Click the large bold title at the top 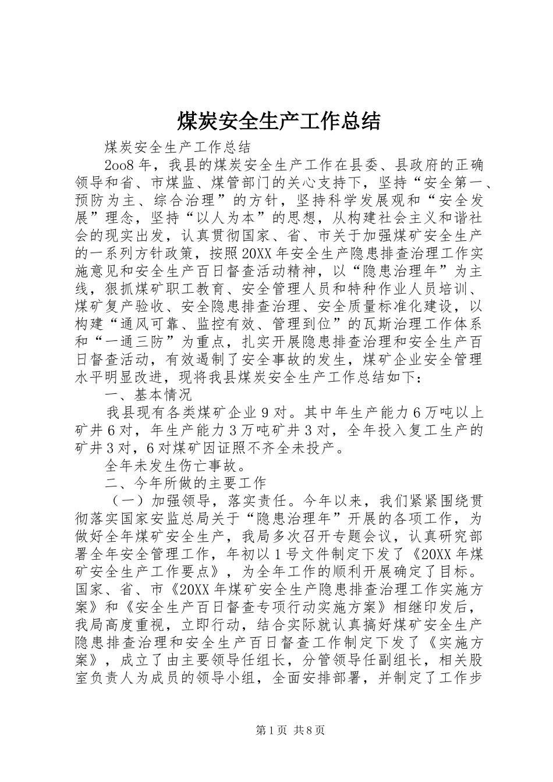point(278,121)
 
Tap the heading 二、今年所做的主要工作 point(185,483)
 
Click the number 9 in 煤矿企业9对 point(265,413)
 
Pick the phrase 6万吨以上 point(448,413)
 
